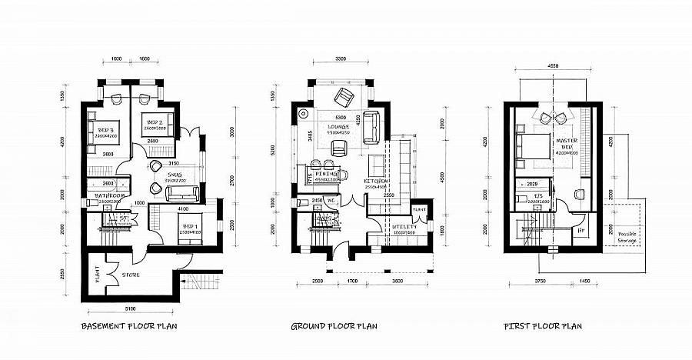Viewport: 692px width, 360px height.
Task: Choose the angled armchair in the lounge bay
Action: point(341,98)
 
